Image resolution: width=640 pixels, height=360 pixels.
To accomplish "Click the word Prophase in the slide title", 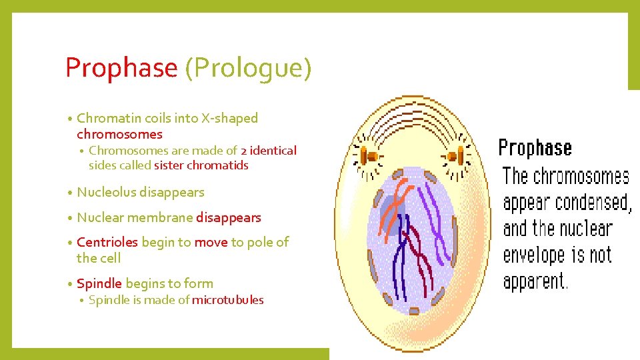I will (121, 68).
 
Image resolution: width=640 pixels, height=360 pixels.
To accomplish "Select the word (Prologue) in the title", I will (248, 68).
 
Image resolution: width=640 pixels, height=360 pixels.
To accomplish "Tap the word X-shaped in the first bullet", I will (230, 118).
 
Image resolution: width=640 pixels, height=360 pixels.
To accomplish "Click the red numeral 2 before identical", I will (244, 151).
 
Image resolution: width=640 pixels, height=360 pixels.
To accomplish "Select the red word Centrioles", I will (107, 242).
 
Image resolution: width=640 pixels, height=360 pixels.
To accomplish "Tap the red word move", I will (211, 242).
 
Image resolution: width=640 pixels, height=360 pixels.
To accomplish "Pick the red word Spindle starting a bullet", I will (99, 283).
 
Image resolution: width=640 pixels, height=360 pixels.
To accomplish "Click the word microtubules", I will (228, 300).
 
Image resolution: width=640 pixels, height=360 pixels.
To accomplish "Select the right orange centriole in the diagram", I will (454, 157).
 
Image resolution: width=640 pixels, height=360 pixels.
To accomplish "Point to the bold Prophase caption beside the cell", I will (535, 148).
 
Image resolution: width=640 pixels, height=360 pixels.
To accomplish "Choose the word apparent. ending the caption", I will (536, 281).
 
